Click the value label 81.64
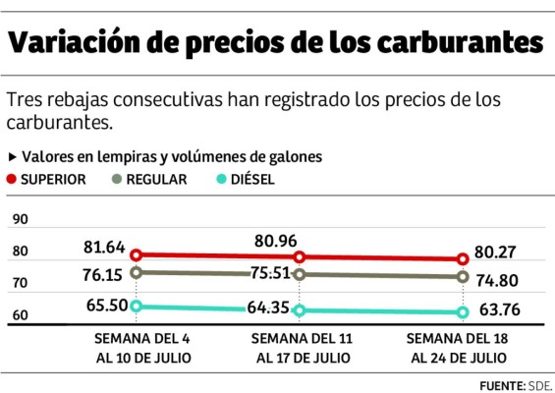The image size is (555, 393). (x=106, y=247)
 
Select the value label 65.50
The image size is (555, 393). (x=106, y=306)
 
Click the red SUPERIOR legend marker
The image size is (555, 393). (x=12, y=179)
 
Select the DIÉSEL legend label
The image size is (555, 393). (x=252, y=180)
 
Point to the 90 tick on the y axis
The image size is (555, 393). (x=19, y=220)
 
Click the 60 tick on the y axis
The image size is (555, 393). (x=19, y=315)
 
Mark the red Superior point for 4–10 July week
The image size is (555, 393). (x=137, y=254)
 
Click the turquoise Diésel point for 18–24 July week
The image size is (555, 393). (x=461, y=313)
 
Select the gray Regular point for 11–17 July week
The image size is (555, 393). (x=300, y=274)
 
